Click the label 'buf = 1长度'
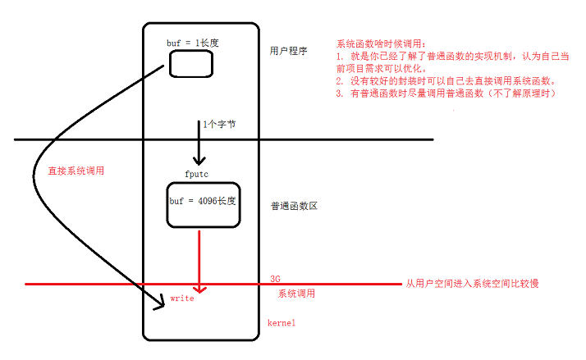tap(195, 40)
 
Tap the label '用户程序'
tap(288, 51)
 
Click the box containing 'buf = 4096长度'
tap(202, 205)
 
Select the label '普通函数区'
tap(293, 206)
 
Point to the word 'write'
tap(182, 299)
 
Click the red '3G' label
tap(276, 279)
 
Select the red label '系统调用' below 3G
tap(296, 293)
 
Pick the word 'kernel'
tap(282, 323)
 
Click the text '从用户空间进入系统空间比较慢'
tap(472, 284)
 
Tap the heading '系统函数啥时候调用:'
tap(382, 43)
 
